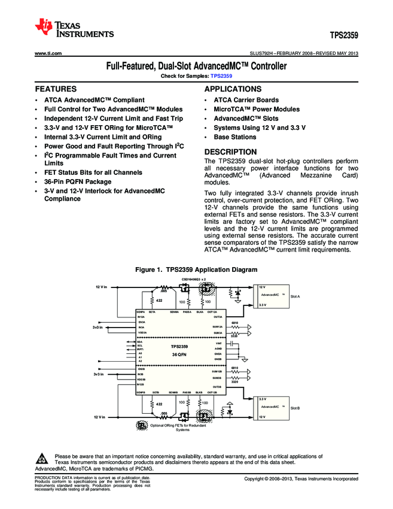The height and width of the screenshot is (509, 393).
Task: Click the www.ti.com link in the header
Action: pos(48,54)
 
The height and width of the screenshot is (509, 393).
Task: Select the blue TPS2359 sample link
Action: pos(221,77)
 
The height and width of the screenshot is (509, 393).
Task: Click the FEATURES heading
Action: pos(56,89)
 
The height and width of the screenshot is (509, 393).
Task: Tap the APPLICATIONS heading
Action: pos(233,89)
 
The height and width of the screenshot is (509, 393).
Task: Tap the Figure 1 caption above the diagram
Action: pos(197,269)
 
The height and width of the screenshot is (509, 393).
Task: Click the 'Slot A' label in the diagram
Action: pos(295,296)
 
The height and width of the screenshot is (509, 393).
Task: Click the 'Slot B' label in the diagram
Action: pos(295,408)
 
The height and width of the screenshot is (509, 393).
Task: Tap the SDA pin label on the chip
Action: pos(140,343)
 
